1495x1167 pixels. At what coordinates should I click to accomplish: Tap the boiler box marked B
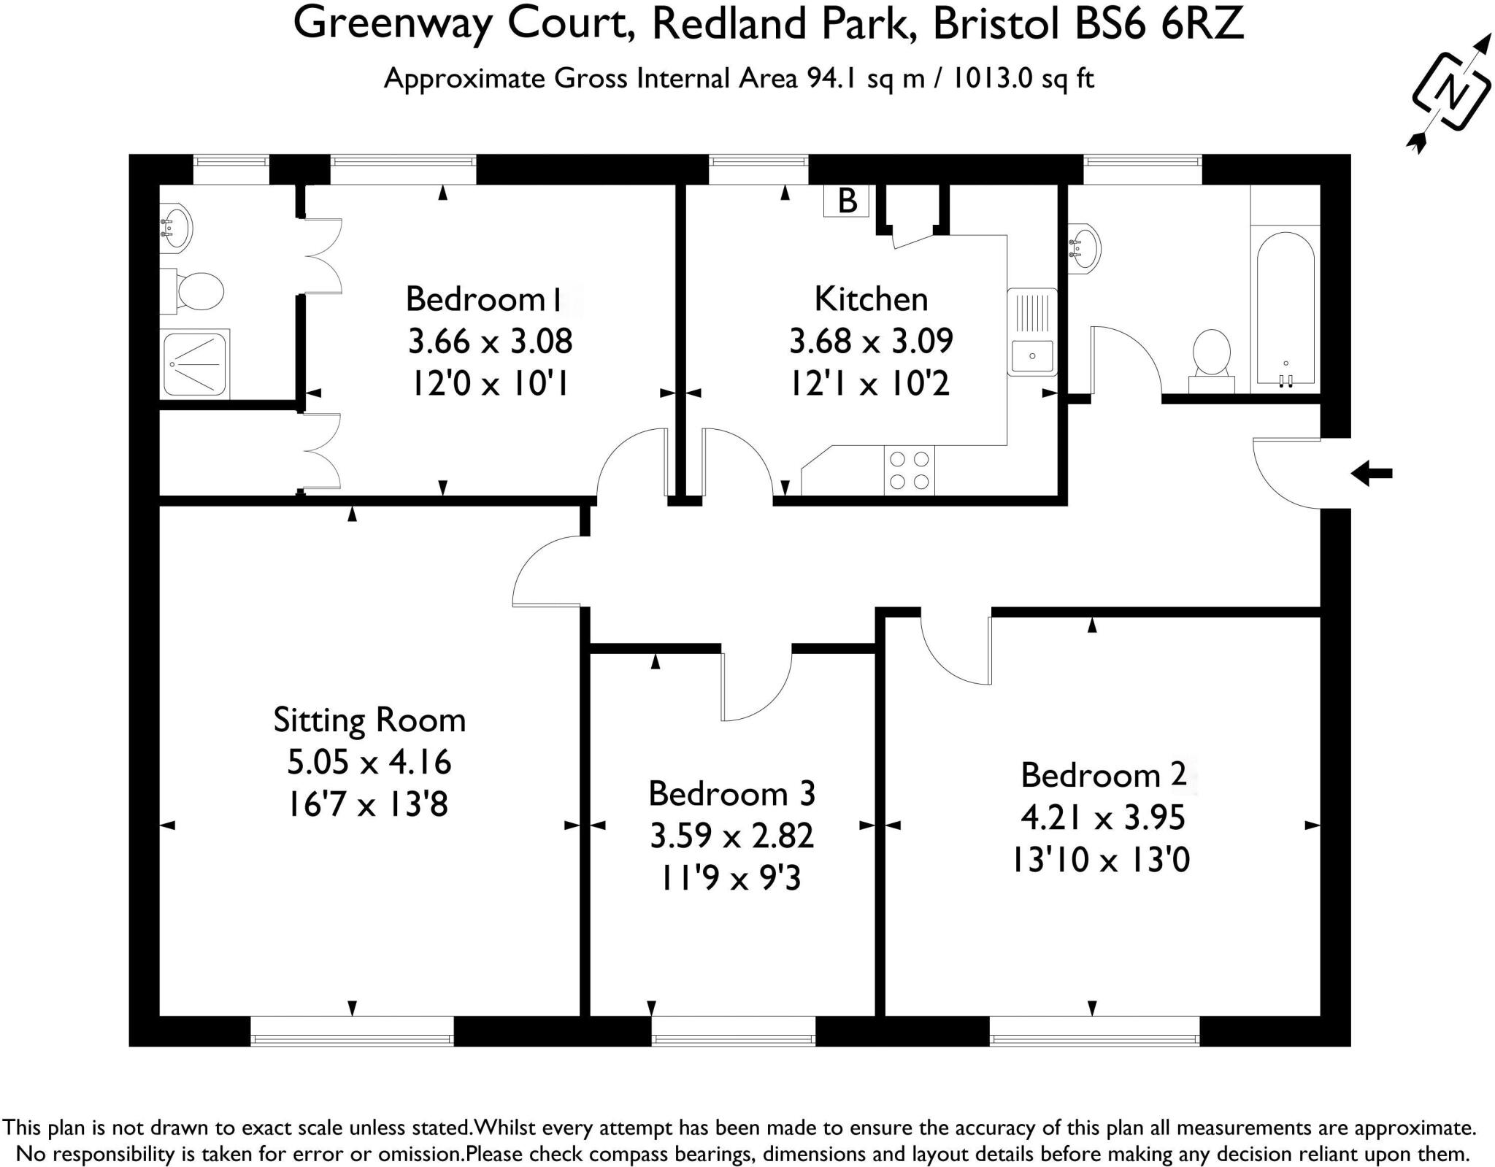(x=847, y=201)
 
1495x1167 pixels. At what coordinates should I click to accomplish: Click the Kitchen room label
(x=871, y=299)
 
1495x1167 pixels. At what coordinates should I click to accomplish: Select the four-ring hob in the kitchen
(x=910, y=471)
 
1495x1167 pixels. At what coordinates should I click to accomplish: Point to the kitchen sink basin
(x=1031, y=356)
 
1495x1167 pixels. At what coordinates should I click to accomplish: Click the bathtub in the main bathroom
(x=1285, y=307)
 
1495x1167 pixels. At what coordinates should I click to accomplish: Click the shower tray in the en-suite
(x=195, y=364)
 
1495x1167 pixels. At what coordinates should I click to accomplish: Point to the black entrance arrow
(x=1371, y=474)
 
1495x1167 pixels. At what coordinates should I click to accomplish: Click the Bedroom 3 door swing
(x=756, y=686)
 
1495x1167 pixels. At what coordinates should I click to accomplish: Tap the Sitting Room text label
(x=369, y=720)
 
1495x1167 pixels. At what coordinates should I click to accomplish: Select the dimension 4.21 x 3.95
(x=1102, y=817)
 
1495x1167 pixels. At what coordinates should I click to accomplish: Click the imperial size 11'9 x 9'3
(x=731, y=878)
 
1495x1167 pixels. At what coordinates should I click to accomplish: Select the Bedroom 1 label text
(x=484, y=299)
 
